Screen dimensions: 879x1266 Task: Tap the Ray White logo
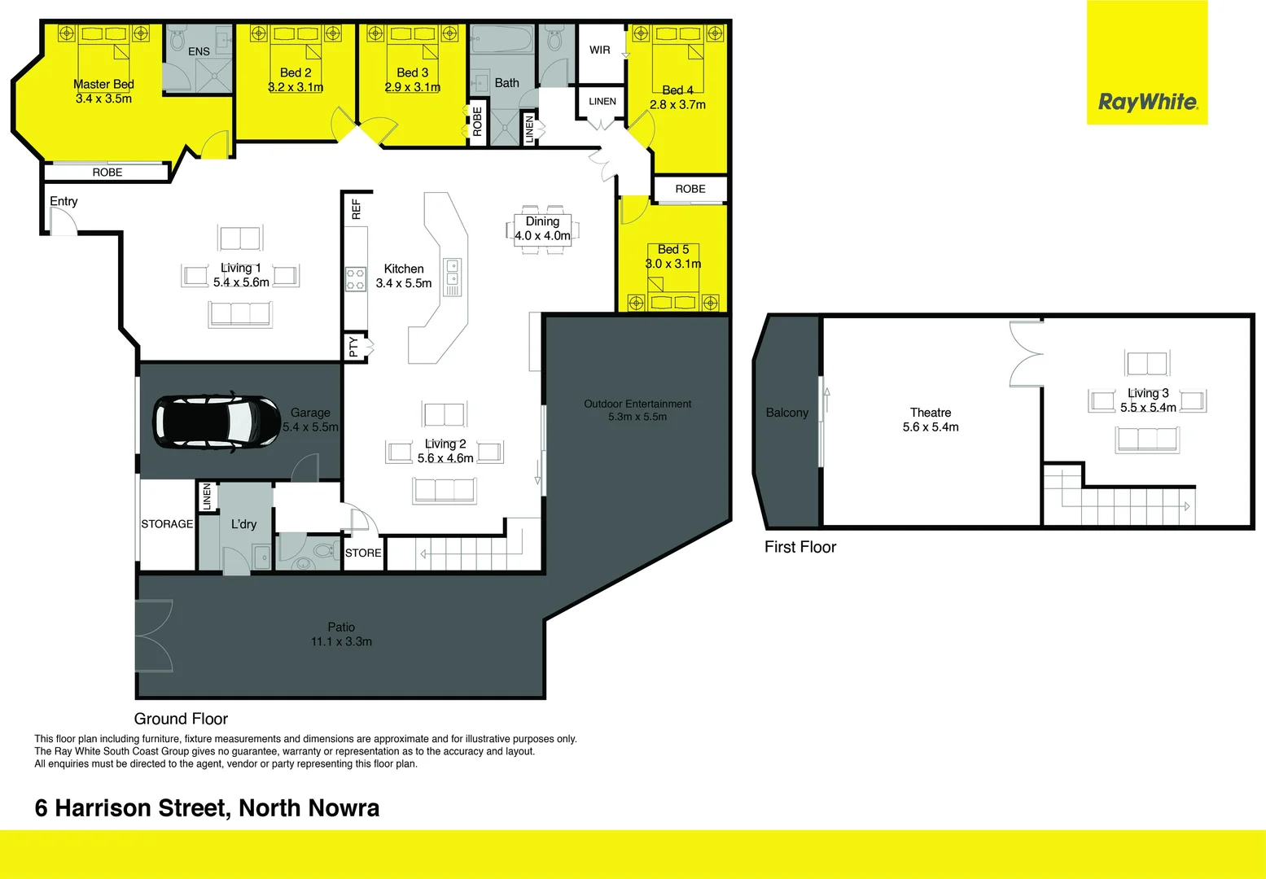pos(1147,102)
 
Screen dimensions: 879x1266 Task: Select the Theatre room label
pos(931,413)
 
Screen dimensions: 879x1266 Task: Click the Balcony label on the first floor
pos(787,413)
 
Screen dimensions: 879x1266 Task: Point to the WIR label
pos(600,50)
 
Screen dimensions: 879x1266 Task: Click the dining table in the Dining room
pos(542,229)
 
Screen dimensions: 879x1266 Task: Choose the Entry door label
pos(64,201)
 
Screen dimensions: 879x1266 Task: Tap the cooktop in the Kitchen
pos(356,279)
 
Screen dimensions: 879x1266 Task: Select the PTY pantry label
pos(353,347)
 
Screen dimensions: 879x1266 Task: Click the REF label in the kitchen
pos(356,209)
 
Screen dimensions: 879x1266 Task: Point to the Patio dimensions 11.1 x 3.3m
pos(341,641)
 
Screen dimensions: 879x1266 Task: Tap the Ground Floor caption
pos(181,719)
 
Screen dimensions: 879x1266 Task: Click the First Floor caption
pos(800,547)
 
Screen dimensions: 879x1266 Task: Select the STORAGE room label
pos(167,524)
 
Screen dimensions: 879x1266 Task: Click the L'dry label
pos(243,524)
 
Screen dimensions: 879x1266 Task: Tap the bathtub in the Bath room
pos(502,40)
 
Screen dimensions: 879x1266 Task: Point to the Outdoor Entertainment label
pos(637,404)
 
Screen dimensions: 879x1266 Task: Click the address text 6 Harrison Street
pos(207,808)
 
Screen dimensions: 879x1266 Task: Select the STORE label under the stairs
pos(363,553)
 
